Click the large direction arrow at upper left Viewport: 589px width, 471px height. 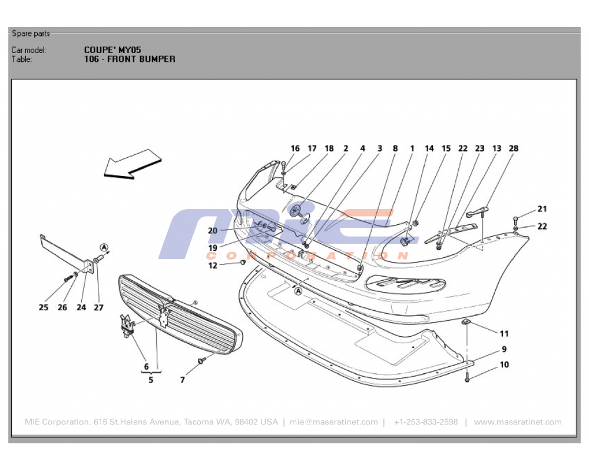coord(132,163)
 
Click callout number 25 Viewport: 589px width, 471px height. coord(44,307)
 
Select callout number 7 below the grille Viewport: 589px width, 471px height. coord(183,380)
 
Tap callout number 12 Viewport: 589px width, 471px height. coord(213,266)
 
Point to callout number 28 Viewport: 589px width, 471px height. coord(514,148)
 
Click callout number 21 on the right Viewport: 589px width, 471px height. coord(542,209)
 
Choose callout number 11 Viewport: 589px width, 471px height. coord(504,334)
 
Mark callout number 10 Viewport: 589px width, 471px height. coord(504,365)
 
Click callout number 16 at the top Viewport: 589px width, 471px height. coord(295,148)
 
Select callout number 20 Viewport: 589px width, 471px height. coord(213,231)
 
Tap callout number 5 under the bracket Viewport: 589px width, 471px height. coord(151,380)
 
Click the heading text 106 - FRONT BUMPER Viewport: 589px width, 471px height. coord(130,59)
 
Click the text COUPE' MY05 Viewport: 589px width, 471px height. coord(112,50)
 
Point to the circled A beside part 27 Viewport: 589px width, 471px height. coord(104,247)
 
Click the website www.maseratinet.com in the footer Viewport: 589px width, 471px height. coord(517,422)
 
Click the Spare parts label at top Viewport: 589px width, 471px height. coord(31,34)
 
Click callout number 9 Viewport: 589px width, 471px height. coord(504,349)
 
